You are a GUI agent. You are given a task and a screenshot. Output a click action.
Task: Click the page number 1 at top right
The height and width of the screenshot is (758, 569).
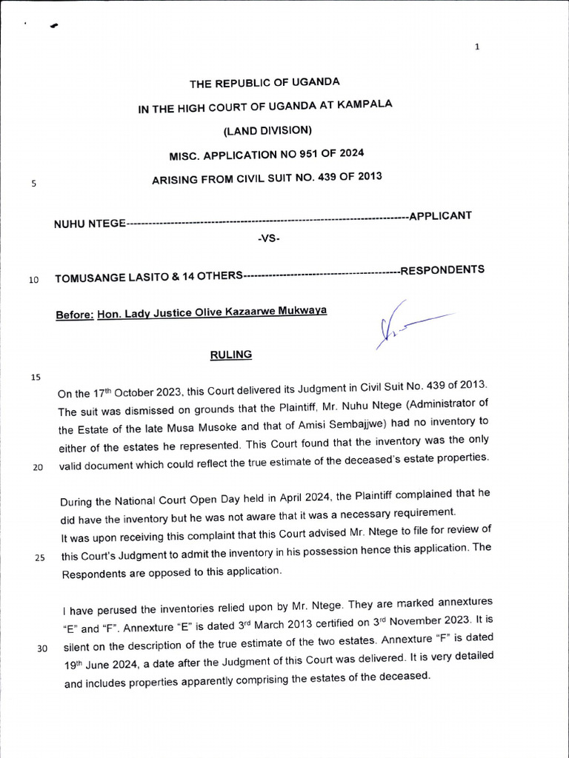click(x=477, y=47)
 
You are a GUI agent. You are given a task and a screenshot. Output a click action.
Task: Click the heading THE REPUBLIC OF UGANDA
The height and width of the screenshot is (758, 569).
click(x=264, y=83)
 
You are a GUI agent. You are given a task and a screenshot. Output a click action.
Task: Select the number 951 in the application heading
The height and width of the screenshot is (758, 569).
click(x=299, y=154)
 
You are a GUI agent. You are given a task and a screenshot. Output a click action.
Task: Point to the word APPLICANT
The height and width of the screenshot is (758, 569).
click(x=441, y=215)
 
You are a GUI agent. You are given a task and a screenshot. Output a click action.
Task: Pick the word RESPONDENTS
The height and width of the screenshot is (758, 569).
click(x=442, y=269)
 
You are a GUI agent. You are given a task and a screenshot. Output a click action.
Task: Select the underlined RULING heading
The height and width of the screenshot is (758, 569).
click(x=231, y=355)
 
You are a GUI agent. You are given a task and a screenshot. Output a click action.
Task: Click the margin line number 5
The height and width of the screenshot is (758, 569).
click(x=34, y=184)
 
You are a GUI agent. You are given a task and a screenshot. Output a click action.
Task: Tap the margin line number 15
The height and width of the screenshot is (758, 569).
click(x=35, y=377)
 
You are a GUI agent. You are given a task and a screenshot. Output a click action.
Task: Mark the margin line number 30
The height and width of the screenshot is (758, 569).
click(x=42, y=649)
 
